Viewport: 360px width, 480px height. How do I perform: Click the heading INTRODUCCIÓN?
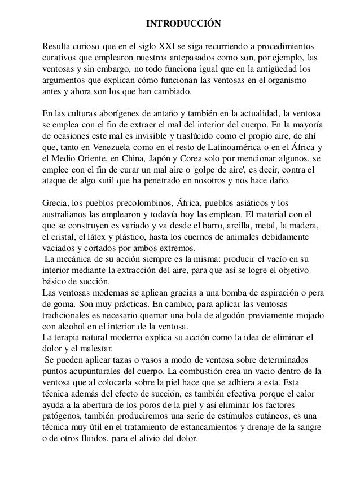(x=180, y=24)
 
